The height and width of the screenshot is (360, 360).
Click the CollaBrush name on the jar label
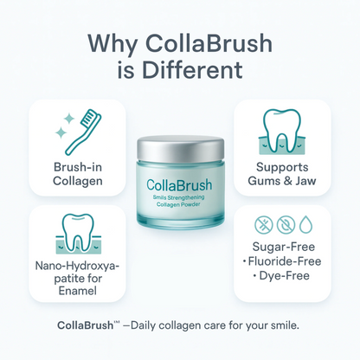coord(180,184)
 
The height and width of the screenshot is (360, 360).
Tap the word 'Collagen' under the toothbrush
coord(77,182)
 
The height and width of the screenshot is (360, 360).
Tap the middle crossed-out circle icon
coord(282,224)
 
